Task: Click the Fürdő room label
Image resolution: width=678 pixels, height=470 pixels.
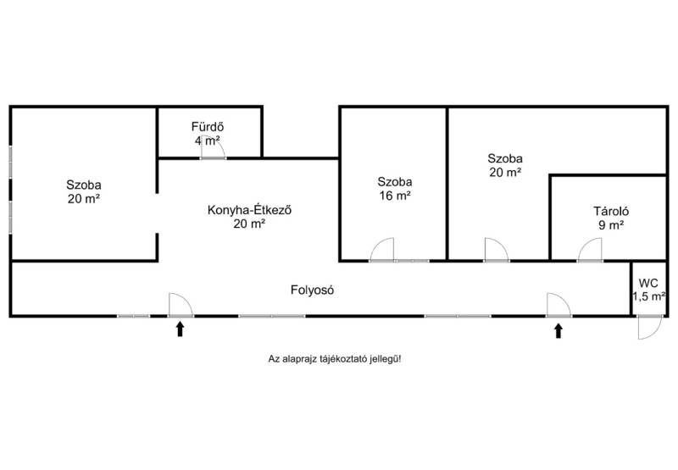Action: [x=207, y=127]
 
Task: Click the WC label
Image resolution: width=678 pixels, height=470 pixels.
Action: [x=648, y=282]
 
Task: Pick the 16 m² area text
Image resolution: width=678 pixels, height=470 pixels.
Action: [x=395, y=196]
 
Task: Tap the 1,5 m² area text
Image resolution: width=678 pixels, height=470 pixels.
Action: [x=648, y=296]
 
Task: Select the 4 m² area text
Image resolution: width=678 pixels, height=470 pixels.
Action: [x=207, y=141]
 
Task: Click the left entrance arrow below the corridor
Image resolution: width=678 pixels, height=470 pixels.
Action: [x=180, y=329]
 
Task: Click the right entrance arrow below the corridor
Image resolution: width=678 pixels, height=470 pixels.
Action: [x=558, y=329]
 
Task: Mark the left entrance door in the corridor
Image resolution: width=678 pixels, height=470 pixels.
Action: [x=181, y=305]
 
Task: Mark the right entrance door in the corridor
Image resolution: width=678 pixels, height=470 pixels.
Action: [x=559, y=305]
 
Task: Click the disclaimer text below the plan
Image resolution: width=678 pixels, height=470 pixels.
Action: [x=334, y=359]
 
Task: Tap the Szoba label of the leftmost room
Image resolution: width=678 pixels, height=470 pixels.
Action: [x=84, y=185]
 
